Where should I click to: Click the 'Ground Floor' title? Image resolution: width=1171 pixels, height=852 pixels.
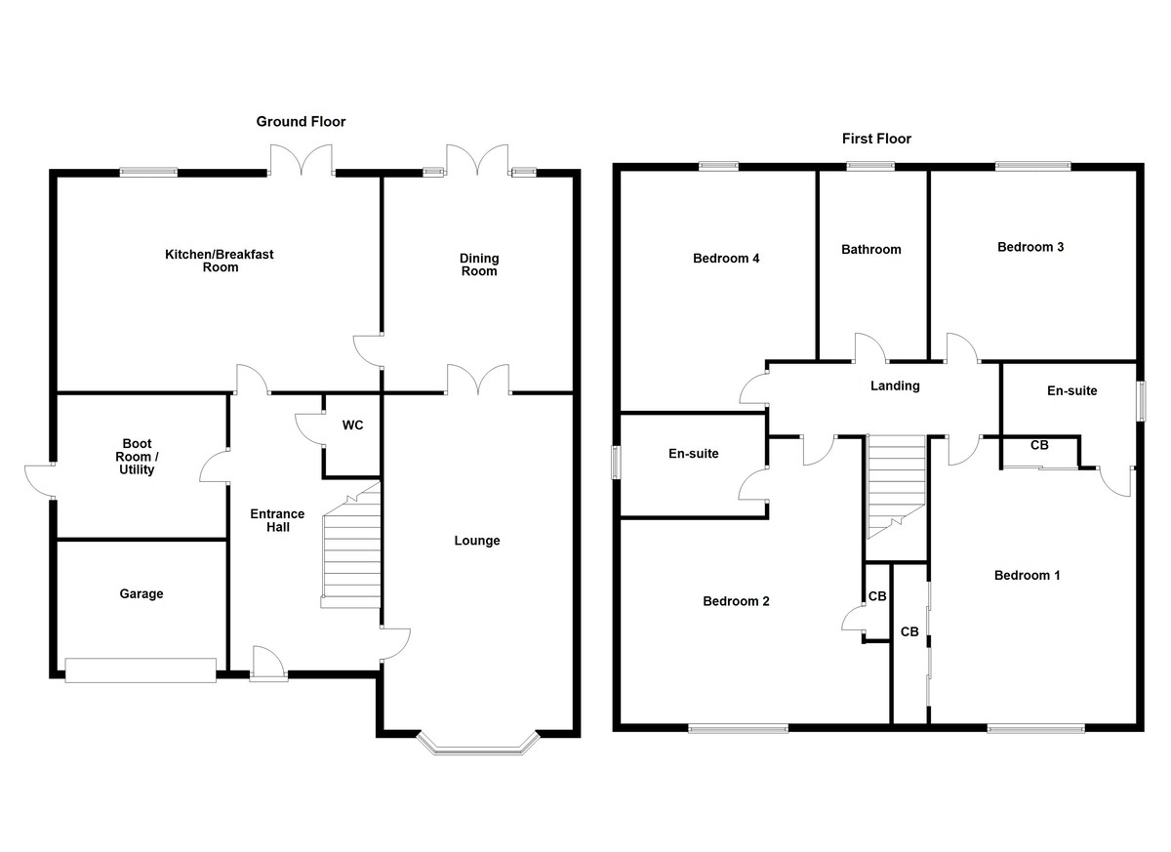coord(301,122)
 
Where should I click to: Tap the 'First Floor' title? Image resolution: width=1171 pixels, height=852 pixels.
coord(876,139)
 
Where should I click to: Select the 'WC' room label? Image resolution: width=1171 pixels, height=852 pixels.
coord(352,426)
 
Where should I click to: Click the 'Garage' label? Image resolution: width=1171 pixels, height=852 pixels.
coord(141,593)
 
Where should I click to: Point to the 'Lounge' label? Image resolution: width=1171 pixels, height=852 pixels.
coord(477,541)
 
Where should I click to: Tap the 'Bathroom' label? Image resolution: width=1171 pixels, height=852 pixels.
coord(870,250)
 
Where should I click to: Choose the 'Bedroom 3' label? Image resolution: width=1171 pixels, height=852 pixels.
coord(1030,247)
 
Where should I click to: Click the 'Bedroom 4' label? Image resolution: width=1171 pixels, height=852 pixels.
coord(726,259)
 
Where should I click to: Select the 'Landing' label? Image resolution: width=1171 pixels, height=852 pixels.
coord(895,385)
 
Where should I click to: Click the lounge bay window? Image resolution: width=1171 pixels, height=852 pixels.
coord(478,746)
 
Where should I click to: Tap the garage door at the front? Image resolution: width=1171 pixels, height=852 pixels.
coord(140,670)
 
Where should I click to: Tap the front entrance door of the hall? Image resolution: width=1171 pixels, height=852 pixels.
coord(267,664)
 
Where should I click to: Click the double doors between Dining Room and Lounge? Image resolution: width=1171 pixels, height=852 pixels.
coord(478,381)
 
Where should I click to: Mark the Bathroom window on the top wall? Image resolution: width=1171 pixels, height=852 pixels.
coord(870,166)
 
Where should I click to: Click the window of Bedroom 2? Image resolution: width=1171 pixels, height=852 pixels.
coord(738,727)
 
